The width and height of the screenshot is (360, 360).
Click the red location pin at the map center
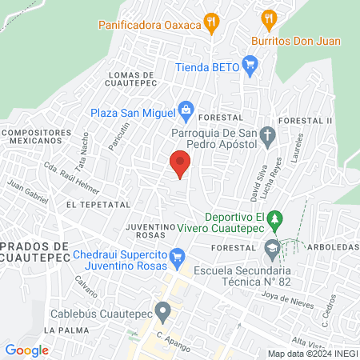click(x=180, y=162)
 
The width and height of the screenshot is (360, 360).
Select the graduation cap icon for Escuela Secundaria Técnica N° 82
click(x=271, y=249)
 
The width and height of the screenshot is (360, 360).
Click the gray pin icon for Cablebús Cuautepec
click(x=163, y=310)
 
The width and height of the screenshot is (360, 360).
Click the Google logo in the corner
click(x=26, y=350)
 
